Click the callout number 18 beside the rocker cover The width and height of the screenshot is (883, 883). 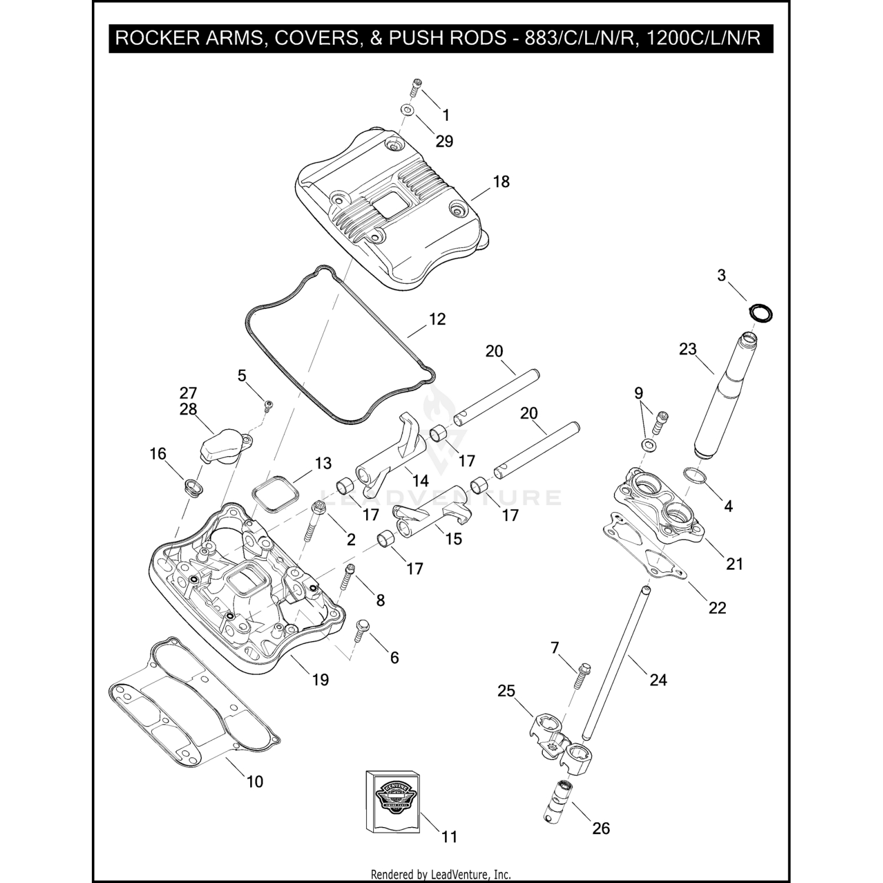click(x=501, y=181)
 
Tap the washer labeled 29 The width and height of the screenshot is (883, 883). click(x=406, y=110)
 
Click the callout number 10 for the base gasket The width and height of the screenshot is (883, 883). click(x=254, y=782)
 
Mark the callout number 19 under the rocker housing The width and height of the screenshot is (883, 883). click(x=320, y=680)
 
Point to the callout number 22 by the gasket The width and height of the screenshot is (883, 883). click(x=717, y=608)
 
